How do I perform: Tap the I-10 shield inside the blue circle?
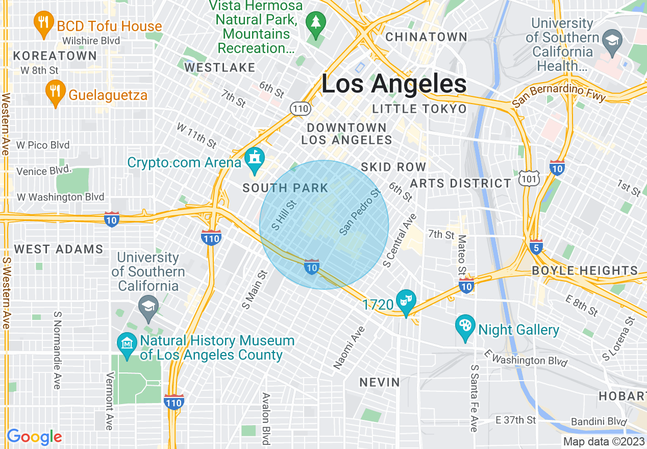[312, 266]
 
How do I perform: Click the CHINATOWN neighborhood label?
[426, 37]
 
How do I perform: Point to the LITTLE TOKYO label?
[419, 109]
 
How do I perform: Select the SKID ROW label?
[393, 167]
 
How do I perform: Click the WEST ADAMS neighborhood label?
[59, 249]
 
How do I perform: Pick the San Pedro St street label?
[360, 212]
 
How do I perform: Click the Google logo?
[34, 437]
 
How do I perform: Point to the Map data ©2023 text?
[604, 441]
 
